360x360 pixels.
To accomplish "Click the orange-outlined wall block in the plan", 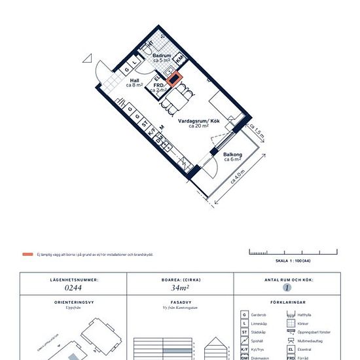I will [x=175, y=79].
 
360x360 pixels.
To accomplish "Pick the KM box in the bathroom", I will [x=178, y=59].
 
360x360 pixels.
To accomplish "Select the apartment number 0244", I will [x=74, y=286].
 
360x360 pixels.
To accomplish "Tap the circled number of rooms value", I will [x=286, y=287].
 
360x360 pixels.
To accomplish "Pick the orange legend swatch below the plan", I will [x=27, y=254].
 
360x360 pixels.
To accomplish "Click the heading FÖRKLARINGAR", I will [x=286, y=304].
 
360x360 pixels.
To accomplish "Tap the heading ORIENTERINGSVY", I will [x=74, y=304].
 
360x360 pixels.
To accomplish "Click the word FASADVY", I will [x=180, y=304].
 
